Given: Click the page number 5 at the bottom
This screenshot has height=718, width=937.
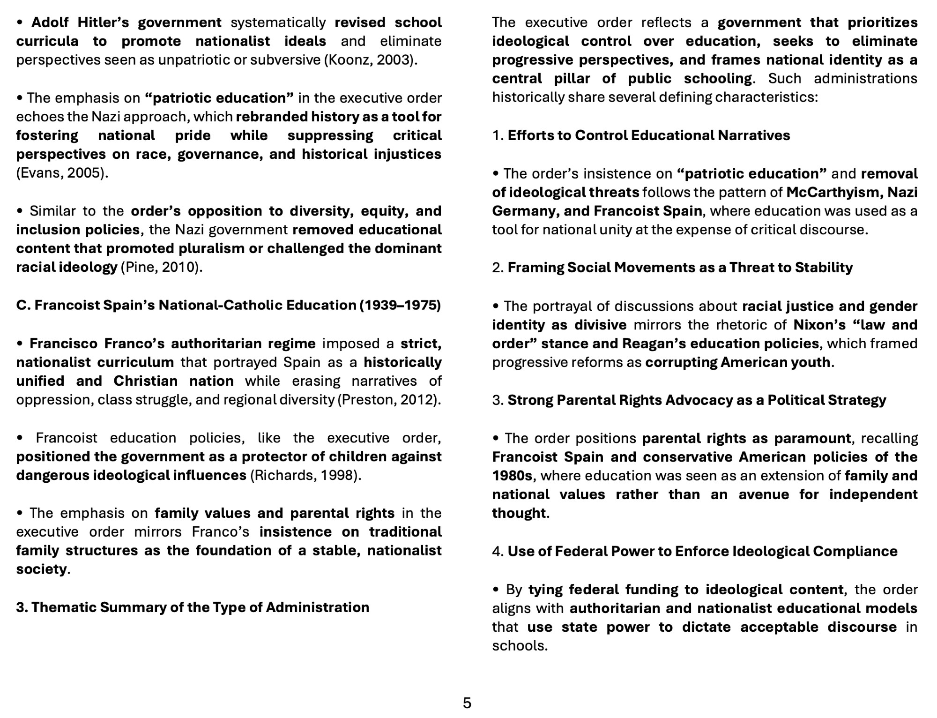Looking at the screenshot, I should (467, 703).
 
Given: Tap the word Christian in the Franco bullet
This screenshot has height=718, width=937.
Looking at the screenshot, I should (145, 381).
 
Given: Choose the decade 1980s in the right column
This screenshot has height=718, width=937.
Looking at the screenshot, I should (512, 476).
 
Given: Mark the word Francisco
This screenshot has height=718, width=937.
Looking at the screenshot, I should (64, 344).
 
